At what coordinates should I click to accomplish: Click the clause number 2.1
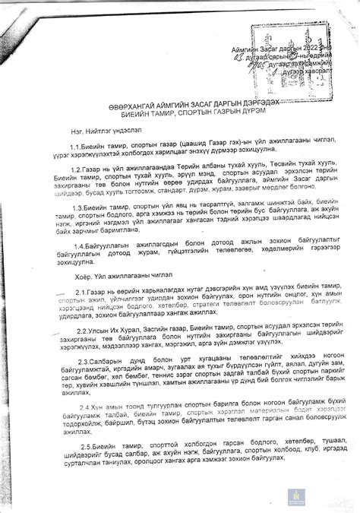pyautogui.click(x=84, y=293)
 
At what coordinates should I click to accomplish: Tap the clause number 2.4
pyautogui.click(x=86, y=406)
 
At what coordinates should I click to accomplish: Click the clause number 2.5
pyautogui.click(x=86, y=445)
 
